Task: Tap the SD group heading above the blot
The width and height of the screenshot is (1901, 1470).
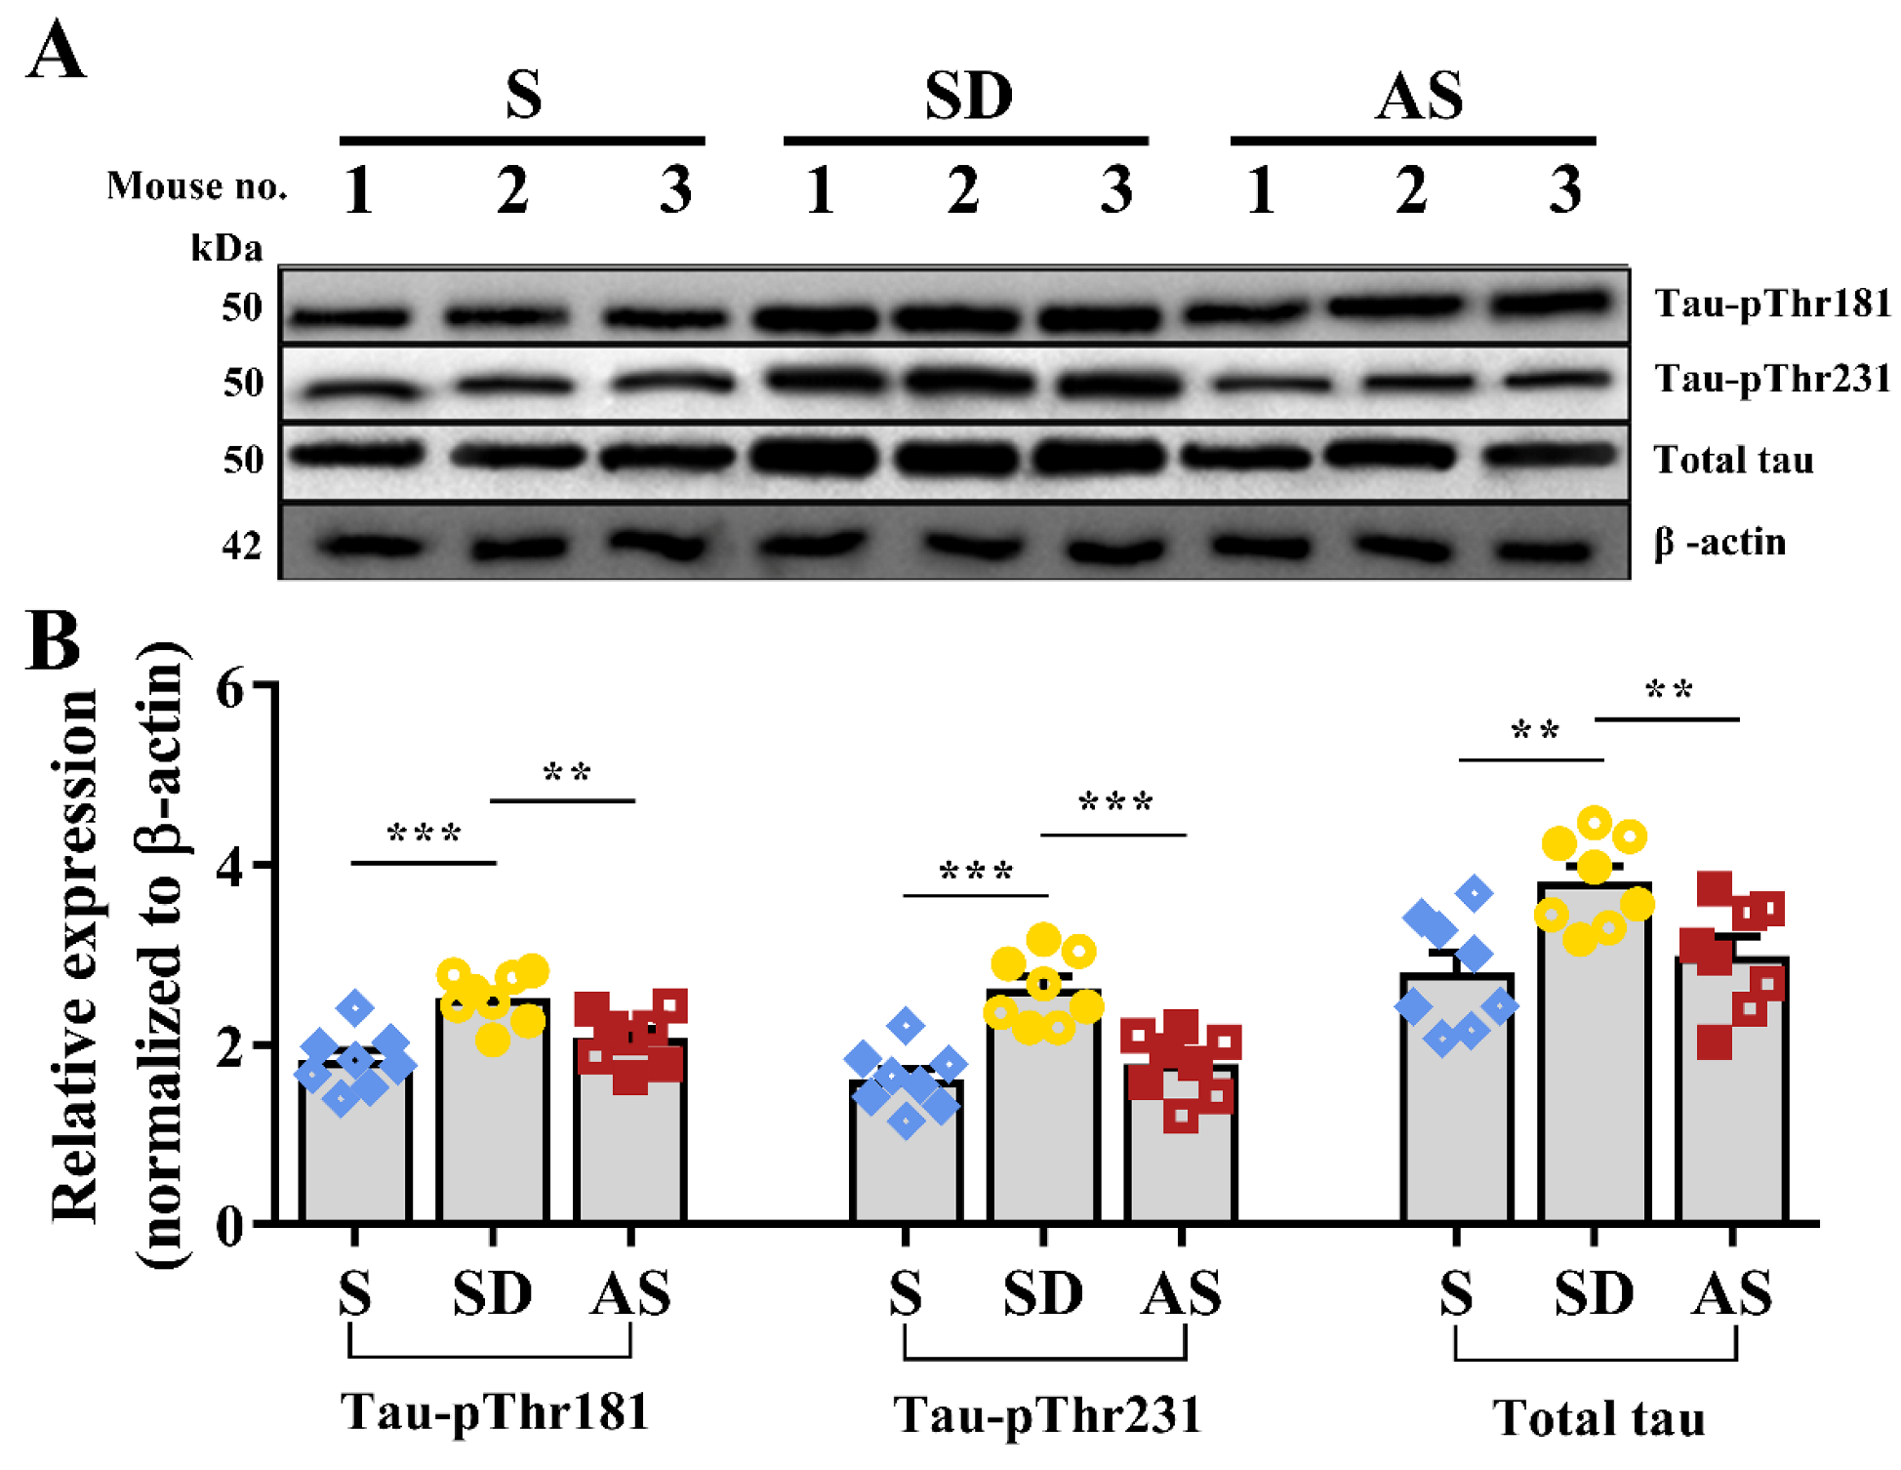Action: coord(968,96)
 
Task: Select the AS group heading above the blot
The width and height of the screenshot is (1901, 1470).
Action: coord(1418,96)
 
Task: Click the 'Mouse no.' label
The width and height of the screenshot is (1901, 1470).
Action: coord(197,185)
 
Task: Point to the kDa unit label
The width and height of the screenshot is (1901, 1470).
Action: coord(226,248)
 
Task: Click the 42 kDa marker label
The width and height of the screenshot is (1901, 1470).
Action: coord(242,545)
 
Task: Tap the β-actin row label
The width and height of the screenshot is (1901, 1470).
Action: coord(1719,542)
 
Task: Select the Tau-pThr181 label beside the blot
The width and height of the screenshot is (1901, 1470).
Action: coord(1771,304)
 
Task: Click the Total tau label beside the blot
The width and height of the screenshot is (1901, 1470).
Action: coord(1733,460)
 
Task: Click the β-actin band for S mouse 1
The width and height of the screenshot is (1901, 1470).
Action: coord(371,545)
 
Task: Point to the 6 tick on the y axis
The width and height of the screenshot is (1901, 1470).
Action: coord(230,689)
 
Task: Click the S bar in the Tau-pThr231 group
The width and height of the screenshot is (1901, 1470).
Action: coord(906,1152)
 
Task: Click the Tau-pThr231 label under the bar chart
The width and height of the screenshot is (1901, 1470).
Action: coord(1046,1414)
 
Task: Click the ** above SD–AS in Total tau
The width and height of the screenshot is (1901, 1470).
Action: coord(1668,691)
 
